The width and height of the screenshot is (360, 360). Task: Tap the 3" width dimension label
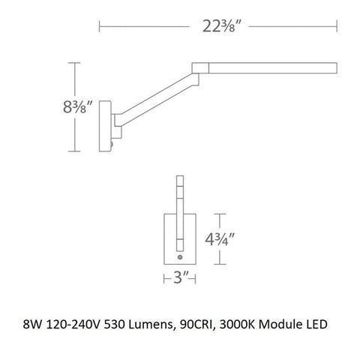179,282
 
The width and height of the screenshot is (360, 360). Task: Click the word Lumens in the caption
157,325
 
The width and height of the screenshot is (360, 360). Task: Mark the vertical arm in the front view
179,214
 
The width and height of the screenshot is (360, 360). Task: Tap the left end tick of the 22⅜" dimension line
101,29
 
